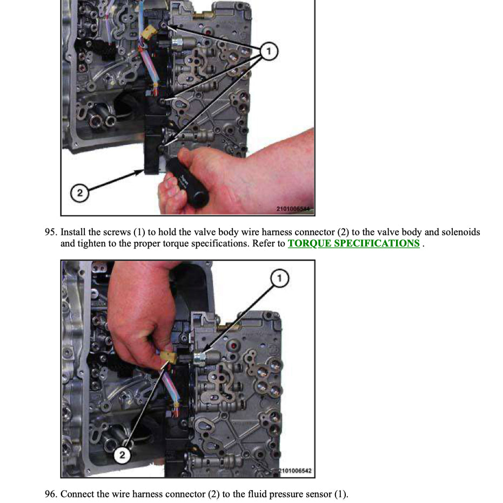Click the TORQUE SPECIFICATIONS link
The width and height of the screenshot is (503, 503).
[353, 243]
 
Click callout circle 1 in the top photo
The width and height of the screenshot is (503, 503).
[269, 52]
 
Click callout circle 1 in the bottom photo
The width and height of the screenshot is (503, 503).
[279, 279]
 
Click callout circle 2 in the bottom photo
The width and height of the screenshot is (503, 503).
[123, 455]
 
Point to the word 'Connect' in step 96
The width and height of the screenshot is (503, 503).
[77, 494]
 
